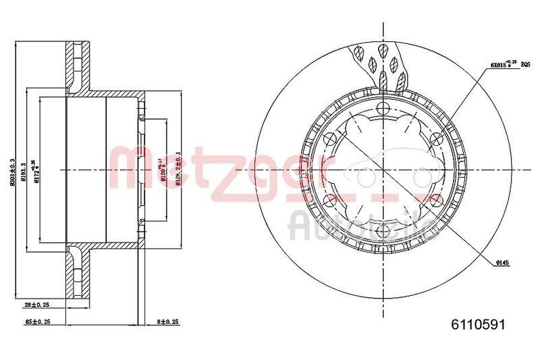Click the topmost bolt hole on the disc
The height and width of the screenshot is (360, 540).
tap(383, 109)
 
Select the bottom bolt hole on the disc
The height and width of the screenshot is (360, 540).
tap(383, 230)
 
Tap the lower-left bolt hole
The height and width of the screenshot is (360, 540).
tap(331, 200)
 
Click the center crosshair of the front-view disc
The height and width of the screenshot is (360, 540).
tap(383, 170)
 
